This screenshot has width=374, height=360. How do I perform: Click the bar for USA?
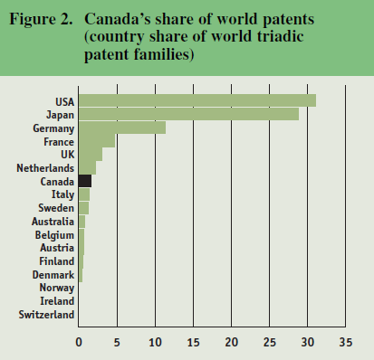click(x=197, y=100)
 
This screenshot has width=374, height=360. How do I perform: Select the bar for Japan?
click(x=188, y=114)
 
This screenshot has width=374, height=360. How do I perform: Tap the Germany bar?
click(x=122, y=128)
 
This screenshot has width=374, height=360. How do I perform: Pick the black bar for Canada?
click(x=85, y=181)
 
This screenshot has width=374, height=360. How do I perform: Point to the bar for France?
click(x=97, y=141)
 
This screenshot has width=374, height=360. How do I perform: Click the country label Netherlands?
click(x=44, y=168)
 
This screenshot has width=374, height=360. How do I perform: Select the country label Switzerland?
click(x=45, y=315)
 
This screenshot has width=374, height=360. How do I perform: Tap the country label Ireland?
click(x=57, y=301)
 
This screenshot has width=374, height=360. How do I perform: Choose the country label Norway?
click(x=56, y=288)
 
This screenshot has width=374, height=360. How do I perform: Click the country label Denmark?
click(x=53, y=274)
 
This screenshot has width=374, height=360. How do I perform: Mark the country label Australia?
click(x=52, y=222)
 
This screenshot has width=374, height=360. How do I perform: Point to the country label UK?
click(x=67, y=155)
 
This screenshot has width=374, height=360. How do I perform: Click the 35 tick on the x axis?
click(x=345, y=343)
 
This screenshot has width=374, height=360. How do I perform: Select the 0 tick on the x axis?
click(x=79, y=343)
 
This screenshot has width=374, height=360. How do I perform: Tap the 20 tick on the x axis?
click(x=232, y=343)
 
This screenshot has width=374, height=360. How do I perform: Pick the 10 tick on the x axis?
click(x=155, y=343)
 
